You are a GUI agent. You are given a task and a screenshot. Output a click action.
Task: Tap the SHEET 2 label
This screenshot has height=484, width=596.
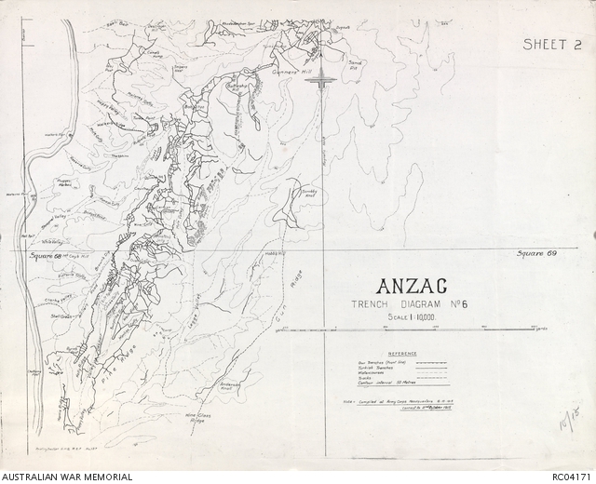(x=551, y=44)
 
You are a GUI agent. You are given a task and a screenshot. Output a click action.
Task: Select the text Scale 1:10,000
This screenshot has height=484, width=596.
(x=411, y=318)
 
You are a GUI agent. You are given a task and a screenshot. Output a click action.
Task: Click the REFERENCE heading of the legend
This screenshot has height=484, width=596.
(x=403, y=354)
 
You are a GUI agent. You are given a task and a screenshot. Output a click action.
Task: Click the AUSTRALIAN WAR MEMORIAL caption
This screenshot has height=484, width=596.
(x=67, y=477)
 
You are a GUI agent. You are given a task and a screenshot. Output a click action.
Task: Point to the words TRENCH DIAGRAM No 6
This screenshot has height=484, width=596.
(x=410, y=304)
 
